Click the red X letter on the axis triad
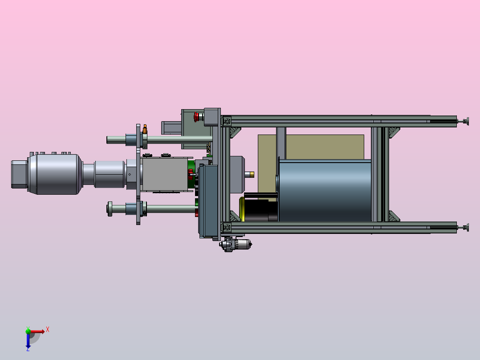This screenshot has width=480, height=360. pyautogui.click(x=48, y=330)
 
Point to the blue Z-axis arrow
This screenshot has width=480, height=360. pyautogui.click(x=28, y=341)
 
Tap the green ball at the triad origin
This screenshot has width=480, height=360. pyautogui.click(x=28, y=331)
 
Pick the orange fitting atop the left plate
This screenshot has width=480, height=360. pyautogui.click(x=145, y=129)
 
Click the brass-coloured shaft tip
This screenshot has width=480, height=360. pyautogui.click(x=252, y=175)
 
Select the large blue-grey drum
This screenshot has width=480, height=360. pyautogui.click(x=325, y=190)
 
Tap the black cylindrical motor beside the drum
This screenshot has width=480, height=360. pyautogui.click(x=260, y=208)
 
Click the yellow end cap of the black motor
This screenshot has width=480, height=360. pyautogui.click(x=241, y=209)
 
